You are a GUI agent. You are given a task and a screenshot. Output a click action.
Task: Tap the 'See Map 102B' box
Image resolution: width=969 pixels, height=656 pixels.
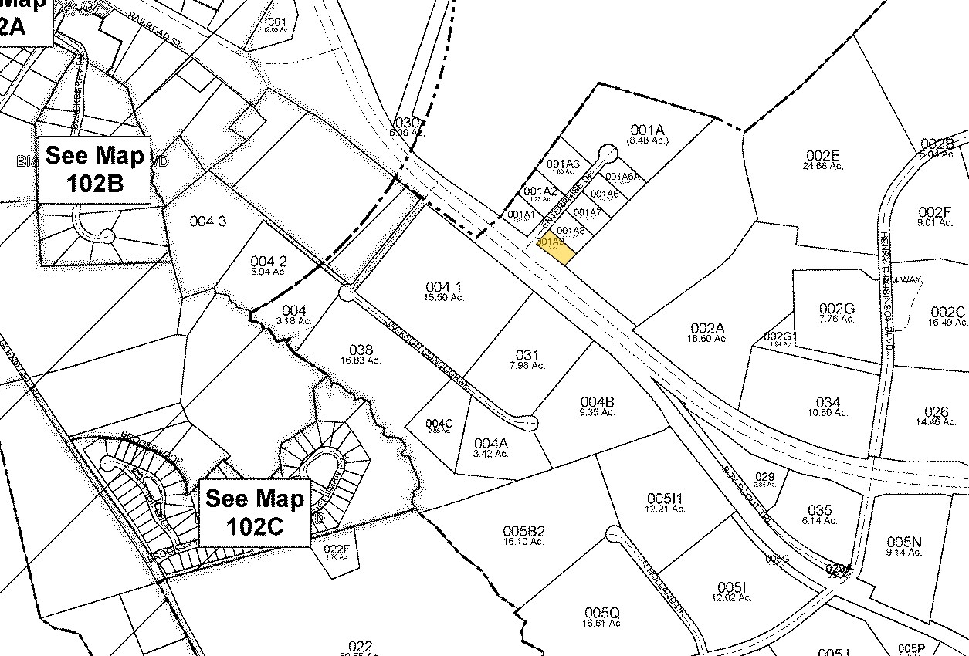click(x=94, y=169)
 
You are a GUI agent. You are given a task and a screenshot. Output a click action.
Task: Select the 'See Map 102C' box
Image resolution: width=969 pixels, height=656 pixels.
click(x=255, y=512)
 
